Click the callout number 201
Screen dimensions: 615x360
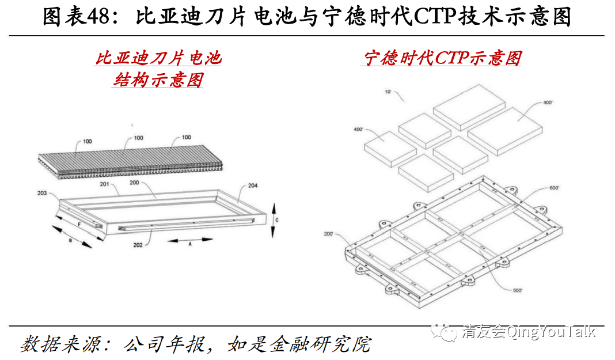[x=104, y=184]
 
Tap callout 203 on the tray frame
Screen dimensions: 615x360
[x=42, y=193]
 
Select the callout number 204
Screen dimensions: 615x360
[x=253, y=185]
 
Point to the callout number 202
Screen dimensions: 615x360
[x=138, y=245]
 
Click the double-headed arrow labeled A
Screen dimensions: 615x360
[x=190, y=240]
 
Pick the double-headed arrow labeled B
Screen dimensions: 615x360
[x=72, y=237]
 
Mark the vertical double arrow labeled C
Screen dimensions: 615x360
[x=274, y=220]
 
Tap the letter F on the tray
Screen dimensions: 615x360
[x=79, y=225]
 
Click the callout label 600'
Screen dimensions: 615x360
[x=554, y=188]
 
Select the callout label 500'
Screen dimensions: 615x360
[x=518, y=290]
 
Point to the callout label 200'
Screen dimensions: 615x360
[x=328, y=234]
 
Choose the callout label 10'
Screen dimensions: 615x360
[x=388, y=92]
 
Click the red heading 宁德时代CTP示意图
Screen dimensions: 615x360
[x=442, y=58]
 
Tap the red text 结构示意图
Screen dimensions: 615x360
[x=158, y=80]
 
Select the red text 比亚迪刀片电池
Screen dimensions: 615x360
[x=158, y=58]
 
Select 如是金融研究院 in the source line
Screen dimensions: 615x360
[x=299, y=344]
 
